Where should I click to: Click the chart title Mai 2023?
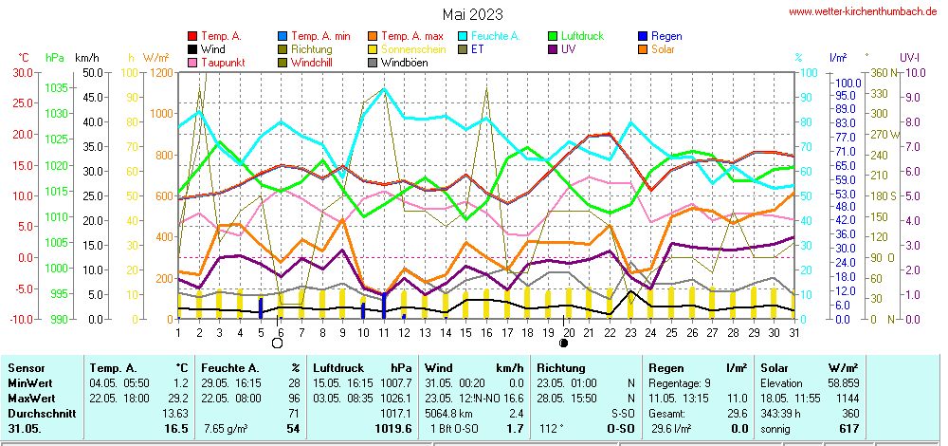click(x=473, y=14)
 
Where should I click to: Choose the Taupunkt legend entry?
click(x=219, y=63)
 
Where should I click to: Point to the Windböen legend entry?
click(x=405, y=63)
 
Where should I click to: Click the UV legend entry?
click(x=568, y=49)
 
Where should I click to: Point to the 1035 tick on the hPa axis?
click(x=56, y=87)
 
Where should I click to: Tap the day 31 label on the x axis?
click(x=794, y=331)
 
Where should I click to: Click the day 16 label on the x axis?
click(x=486, y=331)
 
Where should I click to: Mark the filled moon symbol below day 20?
click(x=565, y=344)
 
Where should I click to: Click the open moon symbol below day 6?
click(x=278, y=344)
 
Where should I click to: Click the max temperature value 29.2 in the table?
click(x=179, y=399)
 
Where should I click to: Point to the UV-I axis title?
click(x=912, y=58)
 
